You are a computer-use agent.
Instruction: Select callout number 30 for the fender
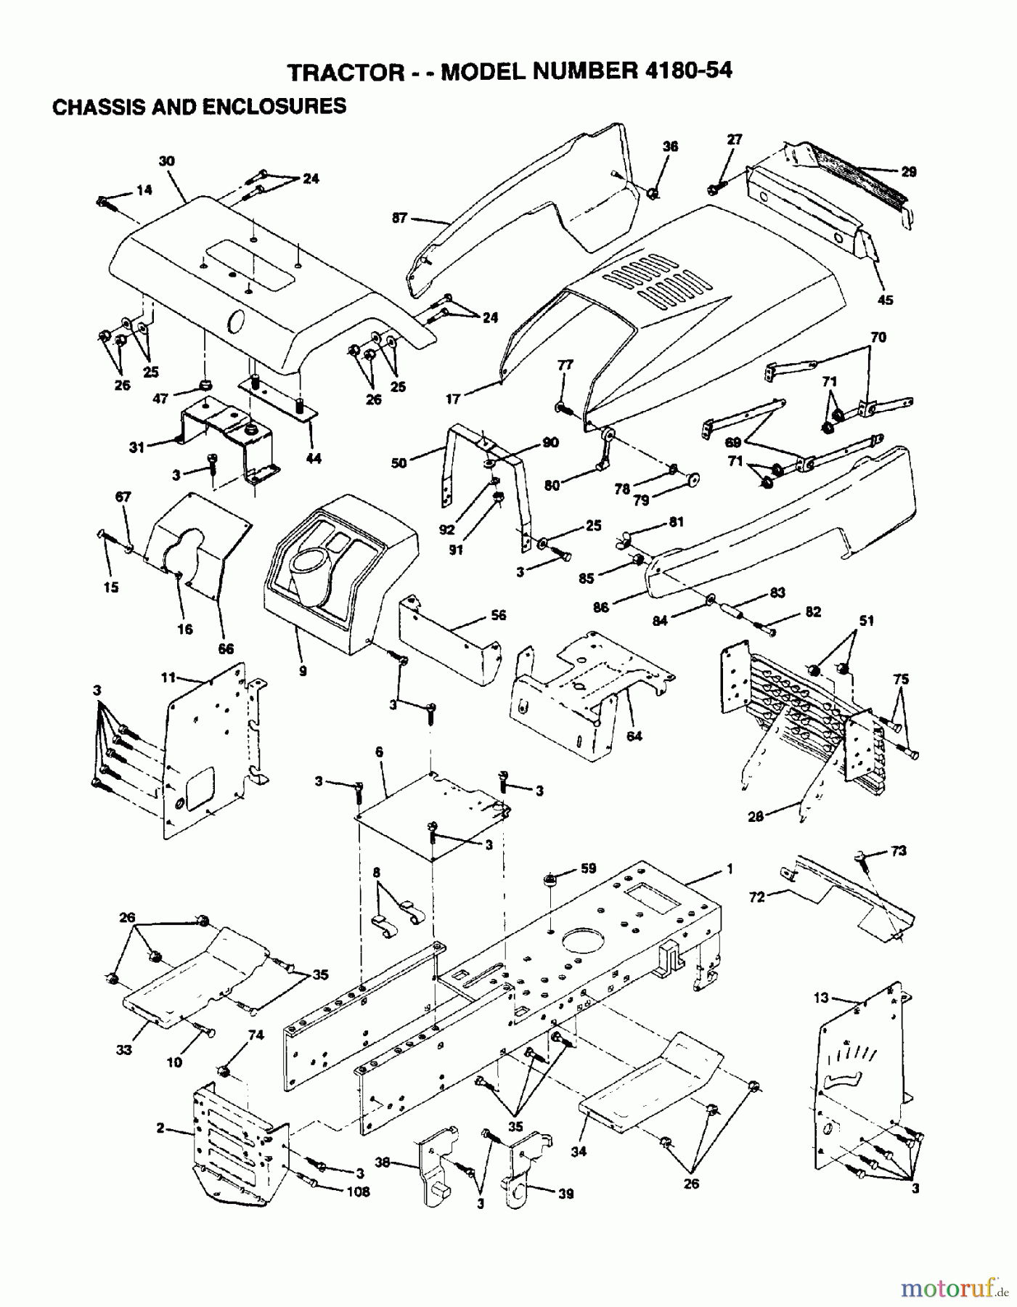coord(167,161)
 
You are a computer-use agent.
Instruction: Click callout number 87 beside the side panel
coord(399,217)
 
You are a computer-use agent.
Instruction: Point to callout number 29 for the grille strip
coord(908,172)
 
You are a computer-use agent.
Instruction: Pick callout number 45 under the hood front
coord(886,299)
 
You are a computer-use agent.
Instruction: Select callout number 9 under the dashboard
coord(302,671)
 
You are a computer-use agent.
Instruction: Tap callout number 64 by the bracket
coord(634,736)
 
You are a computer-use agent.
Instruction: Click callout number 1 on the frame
coord(730,868)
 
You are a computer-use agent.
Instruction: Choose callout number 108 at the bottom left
coord(358,1192)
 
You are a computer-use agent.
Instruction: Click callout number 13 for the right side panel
coord(820,998)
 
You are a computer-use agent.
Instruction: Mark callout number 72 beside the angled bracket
coord(757,897)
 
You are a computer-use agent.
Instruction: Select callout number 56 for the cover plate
coord(498,615)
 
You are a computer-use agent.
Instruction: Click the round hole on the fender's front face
coord(236,319)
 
